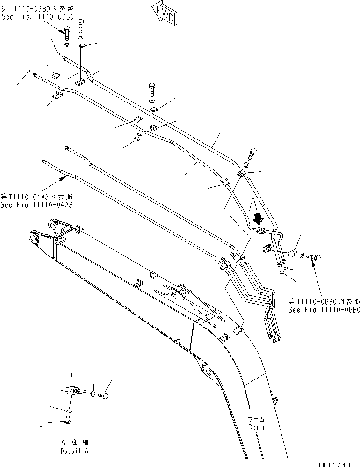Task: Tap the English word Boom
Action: click(256, 427)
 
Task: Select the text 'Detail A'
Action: click(74, 451)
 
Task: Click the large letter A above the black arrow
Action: click(253, 204)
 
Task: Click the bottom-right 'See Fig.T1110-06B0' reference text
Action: click(324, 310)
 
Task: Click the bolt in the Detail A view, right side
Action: click(105, 395)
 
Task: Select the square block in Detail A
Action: click(72, 390)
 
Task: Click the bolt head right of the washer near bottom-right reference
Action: click(316, 256)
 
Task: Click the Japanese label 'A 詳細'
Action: click(74, 443)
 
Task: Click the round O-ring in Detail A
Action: click(94, 393)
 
